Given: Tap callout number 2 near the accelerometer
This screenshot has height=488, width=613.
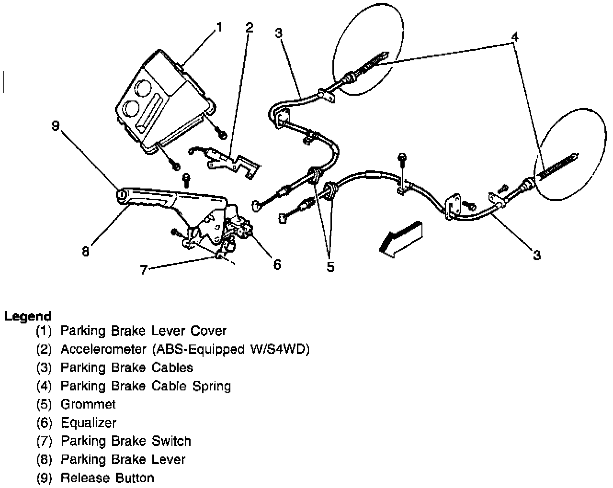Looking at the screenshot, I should pyautogui.click(x=249, y=27).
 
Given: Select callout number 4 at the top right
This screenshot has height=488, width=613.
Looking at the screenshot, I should pyautogui.click(x=514, y=36).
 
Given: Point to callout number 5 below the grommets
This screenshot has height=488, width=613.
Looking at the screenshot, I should pyautogui.click(x=330, y=266).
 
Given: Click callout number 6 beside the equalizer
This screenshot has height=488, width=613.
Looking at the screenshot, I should pyautogui.click(x=277, y=264).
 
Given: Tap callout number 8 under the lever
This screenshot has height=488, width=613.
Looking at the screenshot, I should pyautogui.click(x=85, y=252).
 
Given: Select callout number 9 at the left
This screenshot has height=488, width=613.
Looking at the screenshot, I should pyautogui.click(x=56, y=126).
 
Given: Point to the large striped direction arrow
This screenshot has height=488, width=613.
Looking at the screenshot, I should pyautogui.click(x=400, y=240).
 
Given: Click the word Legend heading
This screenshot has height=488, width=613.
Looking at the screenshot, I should pyautogui.click(x=28, y=316).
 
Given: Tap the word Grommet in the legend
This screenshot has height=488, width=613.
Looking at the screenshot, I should pyautogui.click(x=88, y=404).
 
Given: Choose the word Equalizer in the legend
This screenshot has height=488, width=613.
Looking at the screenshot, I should pyautogui.click(x=89, y=423).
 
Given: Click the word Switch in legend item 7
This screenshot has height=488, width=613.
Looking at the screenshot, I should pyautogui.click(x=171, y=441).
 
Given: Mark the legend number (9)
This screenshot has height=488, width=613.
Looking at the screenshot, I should pyautogui.click(x=44, y=477).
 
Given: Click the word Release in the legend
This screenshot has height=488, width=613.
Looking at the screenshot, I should pyautogui.click(x=84, y=477).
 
